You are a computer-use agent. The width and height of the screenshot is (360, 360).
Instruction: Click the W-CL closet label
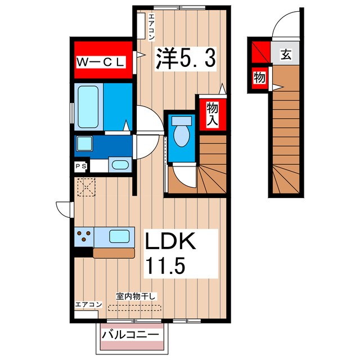(101, 62)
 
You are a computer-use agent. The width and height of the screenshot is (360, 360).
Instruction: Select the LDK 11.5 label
(171, 253)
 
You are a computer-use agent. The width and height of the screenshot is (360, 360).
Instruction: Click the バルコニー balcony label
(130, 335)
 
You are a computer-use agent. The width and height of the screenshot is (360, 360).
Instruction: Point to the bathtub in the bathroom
(88, 107)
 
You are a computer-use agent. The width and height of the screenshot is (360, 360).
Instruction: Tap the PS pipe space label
(81, 166)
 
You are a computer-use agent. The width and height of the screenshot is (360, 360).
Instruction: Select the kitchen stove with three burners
(84, 236)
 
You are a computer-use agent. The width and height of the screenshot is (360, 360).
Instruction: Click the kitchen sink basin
(119, 236)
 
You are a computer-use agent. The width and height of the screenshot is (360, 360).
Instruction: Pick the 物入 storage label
(212, 114)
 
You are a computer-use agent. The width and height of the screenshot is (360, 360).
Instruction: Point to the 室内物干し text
(136, 296)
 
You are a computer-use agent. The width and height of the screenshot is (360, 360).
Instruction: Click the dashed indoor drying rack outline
(134, 308)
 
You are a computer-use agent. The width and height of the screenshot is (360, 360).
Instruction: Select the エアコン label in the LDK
(88, 305)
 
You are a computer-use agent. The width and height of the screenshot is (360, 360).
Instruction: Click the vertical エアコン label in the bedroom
(151, 27)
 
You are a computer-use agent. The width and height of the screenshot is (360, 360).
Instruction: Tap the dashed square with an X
(86, 187)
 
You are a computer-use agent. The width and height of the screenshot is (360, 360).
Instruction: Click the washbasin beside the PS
(120, 164)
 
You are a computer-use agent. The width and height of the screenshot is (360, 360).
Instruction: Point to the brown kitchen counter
(114, 253)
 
